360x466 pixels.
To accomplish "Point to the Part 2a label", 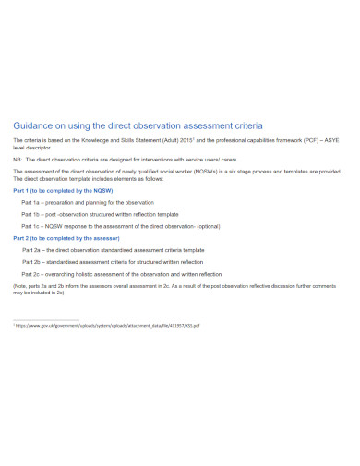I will tap(34, 249).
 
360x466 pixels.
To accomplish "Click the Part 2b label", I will tap(34, 261).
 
